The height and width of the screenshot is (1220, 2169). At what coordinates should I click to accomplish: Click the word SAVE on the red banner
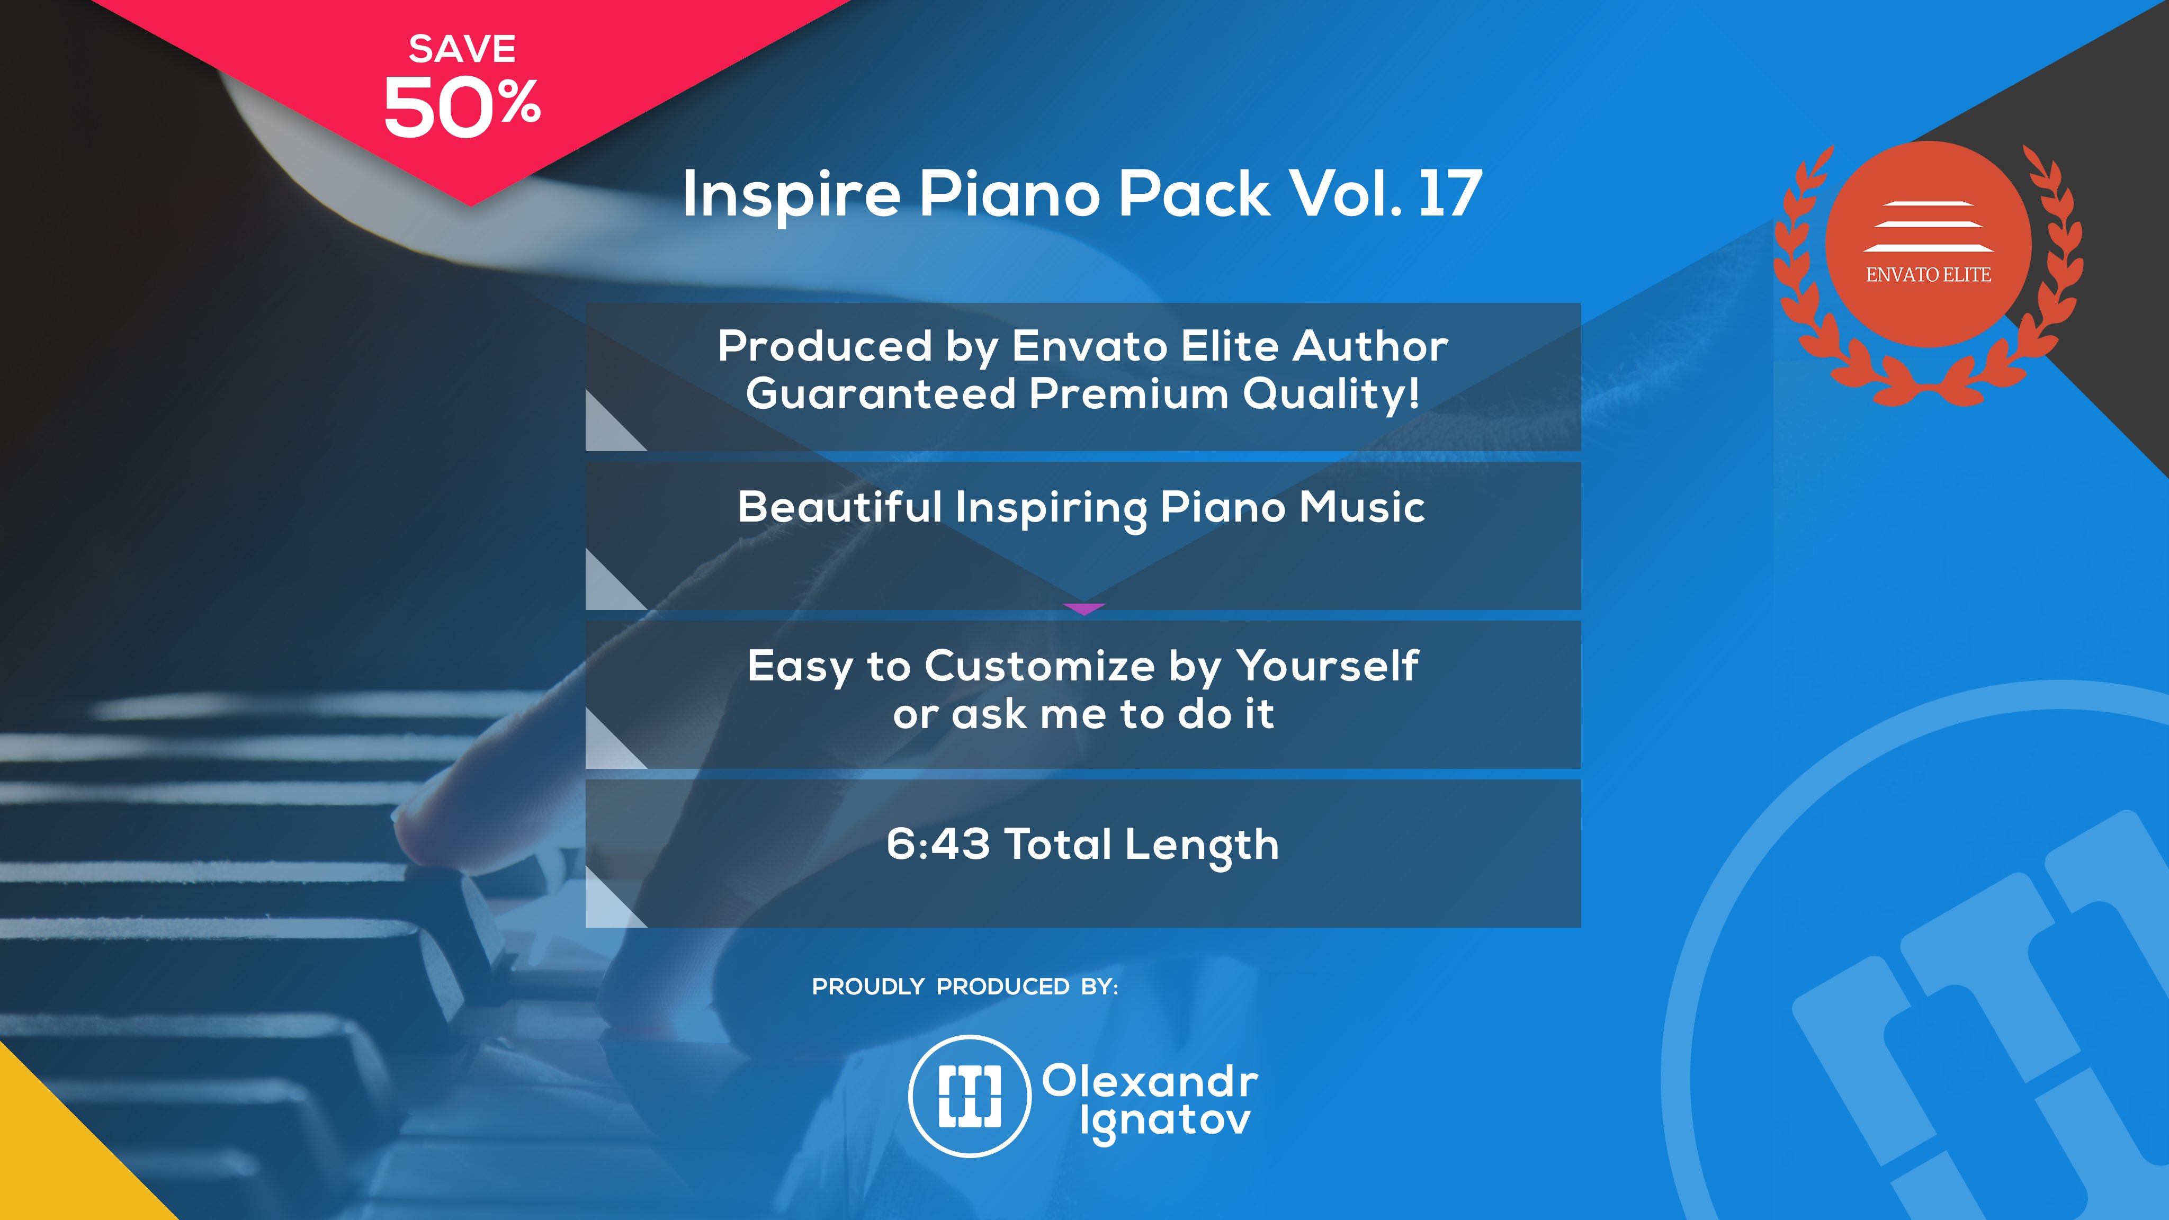tap(462, 49)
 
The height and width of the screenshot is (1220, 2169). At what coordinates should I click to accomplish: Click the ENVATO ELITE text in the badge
tap(1928, 274)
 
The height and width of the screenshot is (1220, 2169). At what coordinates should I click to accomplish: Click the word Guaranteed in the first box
tap(881, 394)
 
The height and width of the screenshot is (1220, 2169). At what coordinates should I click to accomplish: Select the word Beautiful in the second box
tap(839, 507)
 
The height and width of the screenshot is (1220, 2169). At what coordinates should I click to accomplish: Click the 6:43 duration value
tap(938, 844)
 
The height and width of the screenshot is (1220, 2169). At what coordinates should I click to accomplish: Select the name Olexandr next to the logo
tap(1150, 1081)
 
